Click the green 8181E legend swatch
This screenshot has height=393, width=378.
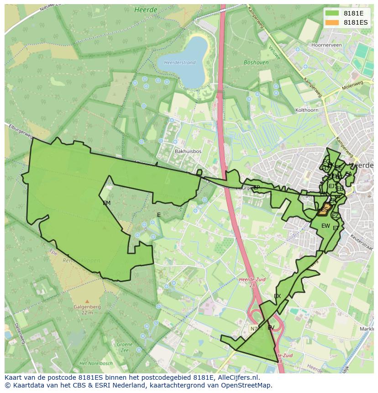tap(333, 14)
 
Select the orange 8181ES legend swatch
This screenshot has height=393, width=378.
tap(333, 22)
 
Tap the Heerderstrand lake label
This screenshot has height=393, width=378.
tap(180, 63)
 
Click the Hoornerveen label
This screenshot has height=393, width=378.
tap(326, 45)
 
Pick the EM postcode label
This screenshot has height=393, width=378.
tap(106, 203)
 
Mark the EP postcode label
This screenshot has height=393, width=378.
tap(256, 188)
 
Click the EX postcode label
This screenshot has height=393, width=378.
tap(277, 296)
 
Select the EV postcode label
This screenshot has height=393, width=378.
tap(271, 328)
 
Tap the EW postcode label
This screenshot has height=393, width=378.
tap(325, 226)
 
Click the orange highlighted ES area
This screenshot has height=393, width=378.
tap(324, 210)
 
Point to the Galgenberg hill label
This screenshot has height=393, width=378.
tap(87, 310)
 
